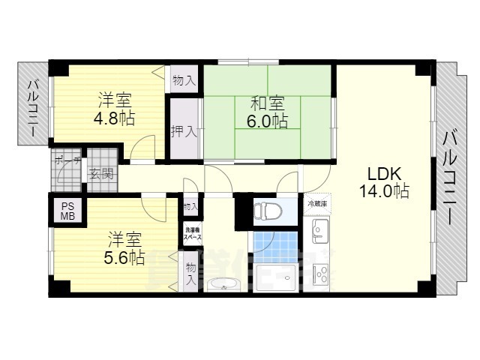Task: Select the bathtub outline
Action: (x=277, y=277)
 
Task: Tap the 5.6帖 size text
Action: (x=124, y=257)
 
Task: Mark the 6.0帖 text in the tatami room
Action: (x=269, y=121)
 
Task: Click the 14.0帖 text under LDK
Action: (x=383, y=190)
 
